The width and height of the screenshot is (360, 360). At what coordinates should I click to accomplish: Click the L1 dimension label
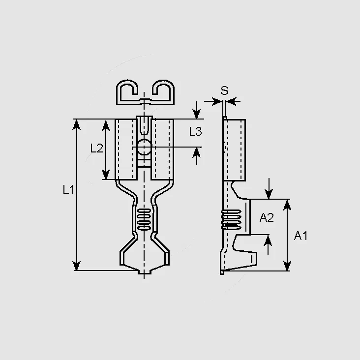[68, 190]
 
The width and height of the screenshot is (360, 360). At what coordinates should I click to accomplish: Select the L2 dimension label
[97, 148]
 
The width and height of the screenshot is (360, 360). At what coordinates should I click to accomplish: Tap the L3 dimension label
[195, 131]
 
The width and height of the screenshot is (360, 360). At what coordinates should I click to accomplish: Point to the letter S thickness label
[225, 90]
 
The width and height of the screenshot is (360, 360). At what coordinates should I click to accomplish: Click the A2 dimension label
[267, 217]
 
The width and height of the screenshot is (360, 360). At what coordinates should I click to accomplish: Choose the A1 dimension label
[300, 236]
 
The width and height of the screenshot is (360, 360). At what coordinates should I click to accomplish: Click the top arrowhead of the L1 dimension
[76, 124]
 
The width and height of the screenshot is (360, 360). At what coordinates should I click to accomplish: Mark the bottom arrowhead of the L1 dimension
[76, 266]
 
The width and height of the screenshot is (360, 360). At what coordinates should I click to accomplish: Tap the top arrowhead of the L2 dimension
[106, 125]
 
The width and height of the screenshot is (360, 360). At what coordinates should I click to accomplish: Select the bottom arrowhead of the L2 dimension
[106, 174]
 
